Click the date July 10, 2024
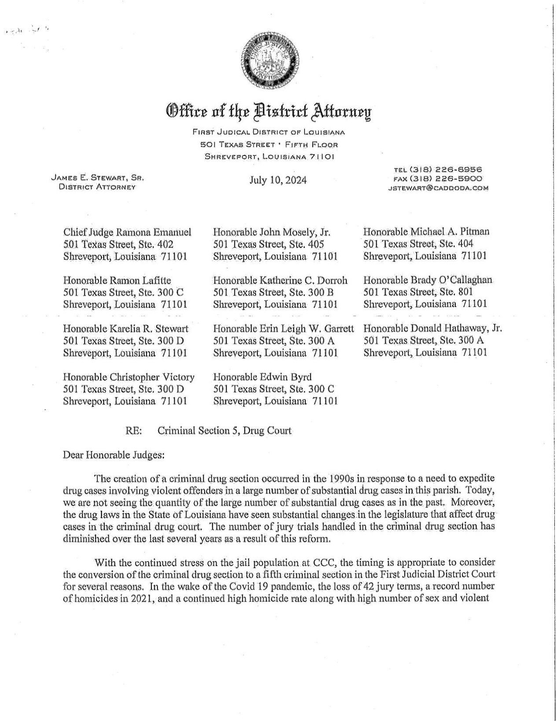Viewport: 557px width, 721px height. (x=278, y=180)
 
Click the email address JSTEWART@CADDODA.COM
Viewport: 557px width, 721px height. (x=438, y=188)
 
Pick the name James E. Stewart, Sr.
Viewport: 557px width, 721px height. (x=98, y=178)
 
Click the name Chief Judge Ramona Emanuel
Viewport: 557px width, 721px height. (x=128, y=232)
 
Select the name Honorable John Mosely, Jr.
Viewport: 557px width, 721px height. (x=272, y=232)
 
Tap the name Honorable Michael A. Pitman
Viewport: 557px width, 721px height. (x=426, y=231)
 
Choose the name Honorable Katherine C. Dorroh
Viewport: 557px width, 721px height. (x=280, y=280)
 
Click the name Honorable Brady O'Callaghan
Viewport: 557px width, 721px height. (x=428, y=280)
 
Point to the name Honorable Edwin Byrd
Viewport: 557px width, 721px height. (x=262, y=377)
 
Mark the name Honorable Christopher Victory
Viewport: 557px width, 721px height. (x=129, y=377)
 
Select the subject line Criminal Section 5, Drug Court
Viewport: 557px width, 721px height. (x=224, y=430)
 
